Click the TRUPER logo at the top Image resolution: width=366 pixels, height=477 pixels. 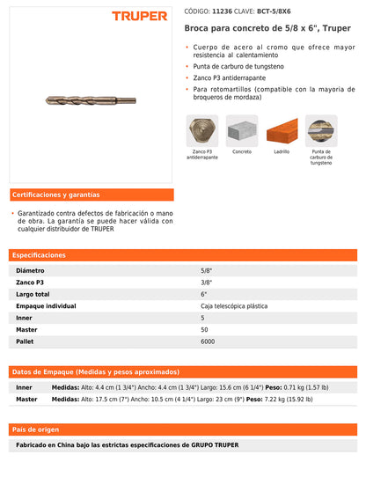[140, 16]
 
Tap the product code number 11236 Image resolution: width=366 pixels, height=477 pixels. [223, 11]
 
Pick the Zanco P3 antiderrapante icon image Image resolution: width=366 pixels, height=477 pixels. [202, 131]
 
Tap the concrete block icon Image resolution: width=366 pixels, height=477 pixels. [242, 131]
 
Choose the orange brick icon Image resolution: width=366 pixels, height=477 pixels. [282, 131]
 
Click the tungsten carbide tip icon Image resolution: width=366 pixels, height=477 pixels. [321, 131]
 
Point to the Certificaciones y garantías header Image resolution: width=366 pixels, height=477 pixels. [55, 194]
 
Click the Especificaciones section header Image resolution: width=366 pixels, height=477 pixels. [43, 254]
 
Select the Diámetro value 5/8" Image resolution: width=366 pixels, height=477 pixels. [206, 270]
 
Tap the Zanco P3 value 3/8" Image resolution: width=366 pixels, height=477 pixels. [206, 283]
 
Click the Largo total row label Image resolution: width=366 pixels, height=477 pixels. [33, 294]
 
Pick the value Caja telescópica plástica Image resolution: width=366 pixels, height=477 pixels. [234, 305]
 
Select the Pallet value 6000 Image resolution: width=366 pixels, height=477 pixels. [208, 341]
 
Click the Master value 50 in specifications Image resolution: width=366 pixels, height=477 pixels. [204, 329]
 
